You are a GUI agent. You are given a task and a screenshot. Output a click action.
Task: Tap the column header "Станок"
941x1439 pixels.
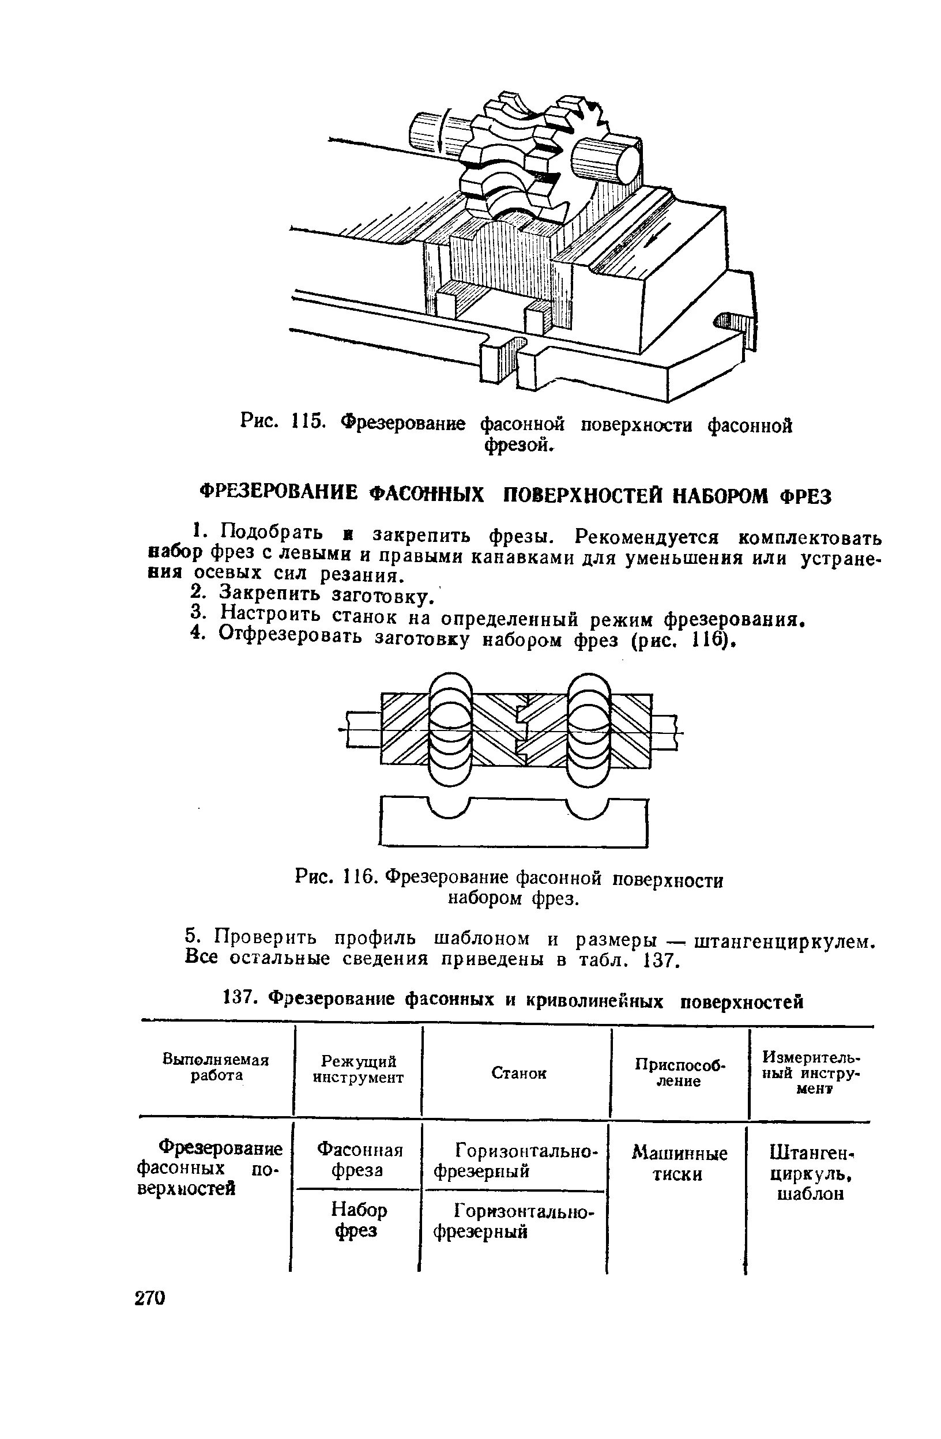[518, 1072]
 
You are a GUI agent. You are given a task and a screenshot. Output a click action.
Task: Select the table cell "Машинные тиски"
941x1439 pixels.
[679, 1164]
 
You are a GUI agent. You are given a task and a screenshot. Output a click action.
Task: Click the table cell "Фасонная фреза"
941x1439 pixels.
[359, 1159]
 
